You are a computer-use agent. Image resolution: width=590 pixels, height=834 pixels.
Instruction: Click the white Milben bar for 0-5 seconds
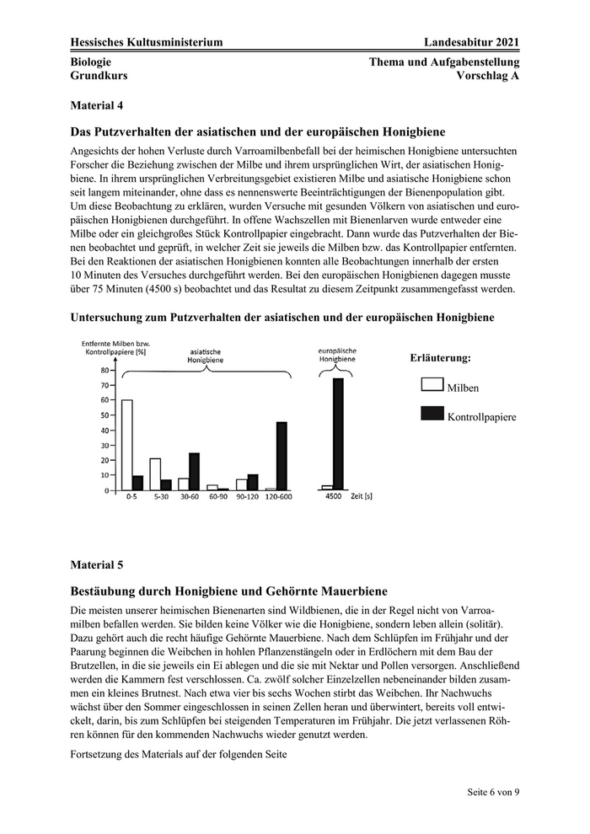[x=127, y=445]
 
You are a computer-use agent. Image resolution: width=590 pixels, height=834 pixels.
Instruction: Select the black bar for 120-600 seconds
[x=282, y=456]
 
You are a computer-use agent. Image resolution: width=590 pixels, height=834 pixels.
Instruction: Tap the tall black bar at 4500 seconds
[x=338, y=434]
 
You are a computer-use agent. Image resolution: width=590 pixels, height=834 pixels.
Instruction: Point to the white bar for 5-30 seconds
[x=155, y=474]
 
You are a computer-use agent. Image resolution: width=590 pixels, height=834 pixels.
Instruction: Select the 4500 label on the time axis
[x=334, y=497]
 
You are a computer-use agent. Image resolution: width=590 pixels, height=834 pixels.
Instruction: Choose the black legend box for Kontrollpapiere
[x=432, y=414]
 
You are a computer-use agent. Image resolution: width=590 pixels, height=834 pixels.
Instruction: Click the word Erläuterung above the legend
[x=440, y=358]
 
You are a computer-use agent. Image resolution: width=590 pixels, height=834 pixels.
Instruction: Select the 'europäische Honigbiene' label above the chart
[x=336, y=354]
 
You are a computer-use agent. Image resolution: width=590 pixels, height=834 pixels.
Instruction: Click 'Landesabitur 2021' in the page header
[x=472, y=42]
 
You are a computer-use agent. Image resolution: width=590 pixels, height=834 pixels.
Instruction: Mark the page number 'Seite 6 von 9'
[x=494, y=794]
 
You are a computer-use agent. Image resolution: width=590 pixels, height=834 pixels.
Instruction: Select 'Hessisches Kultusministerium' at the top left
[x=147, y=42]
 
